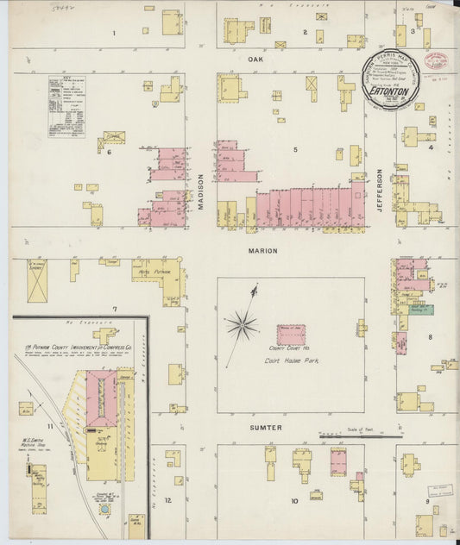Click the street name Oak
(255, 59)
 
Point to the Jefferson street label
(380, 190)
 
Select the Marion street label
(264, 251)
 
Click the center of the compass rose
(243, 325)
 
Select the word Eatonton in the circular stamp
(389, 88)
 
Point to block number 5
(294, 149)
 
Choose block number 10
(293, 500)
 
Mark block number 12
(168, 500)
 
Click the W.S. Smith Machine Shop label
(34, 438)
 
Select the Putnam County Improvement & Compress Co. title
(78, 349)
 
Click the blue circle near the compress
(105, 509)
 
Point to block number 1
(113, 34)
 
